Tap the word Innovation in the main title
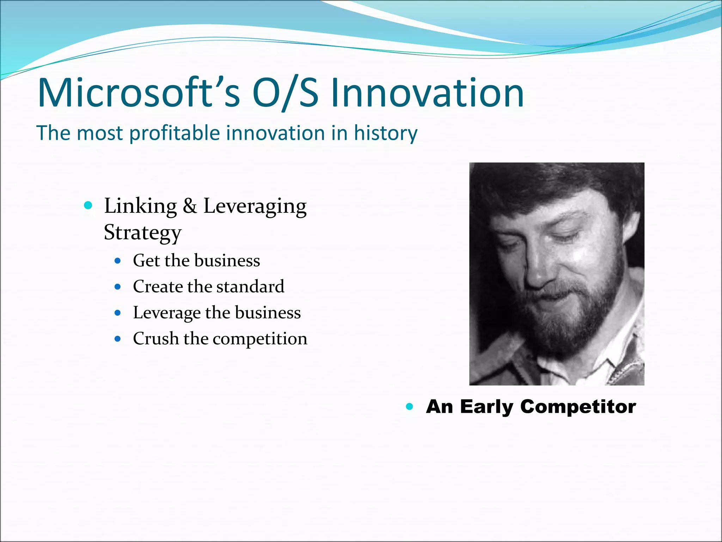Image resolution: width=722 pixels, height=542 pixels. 427,93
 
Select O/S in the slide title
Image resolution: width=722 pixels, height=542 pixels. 285,93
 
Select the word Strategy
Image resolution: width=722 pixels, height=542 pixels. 142,233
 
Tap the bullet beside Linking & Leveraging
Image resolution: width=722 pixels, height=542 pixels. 88,205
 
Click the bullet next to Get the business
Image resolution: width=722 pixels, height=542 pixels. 118,261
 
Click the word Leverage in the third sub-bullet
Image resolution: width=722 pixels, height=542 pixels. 166,313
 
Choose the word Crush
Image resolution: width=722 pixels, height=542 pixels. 155,339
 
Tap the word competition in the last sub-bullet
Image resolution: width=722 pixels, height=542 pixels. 260,339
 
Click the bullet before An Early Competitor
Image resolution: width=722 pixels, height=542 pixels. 409,406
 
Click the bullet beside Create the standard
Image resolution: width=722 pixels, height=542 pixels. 118,287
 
